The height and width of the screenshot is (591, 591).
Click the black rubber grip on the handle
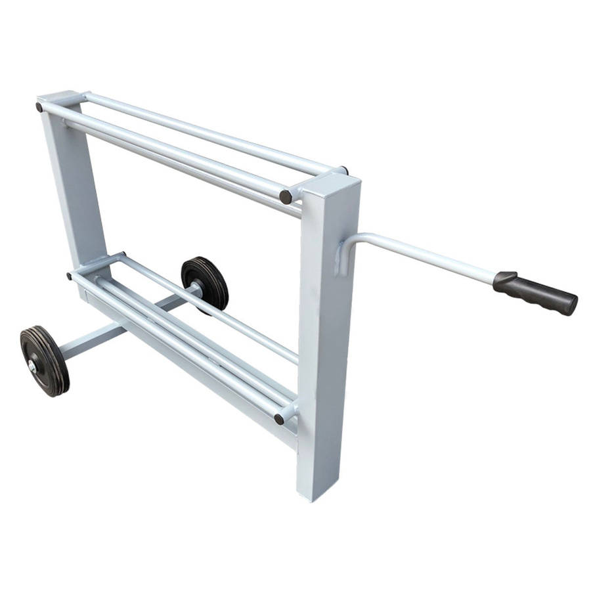click(535, 292)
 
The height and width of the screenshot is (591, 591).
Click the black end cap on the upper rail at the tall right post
click(286, 196)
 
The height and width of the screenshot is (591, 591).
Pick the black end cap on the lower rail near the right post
click(279, 418)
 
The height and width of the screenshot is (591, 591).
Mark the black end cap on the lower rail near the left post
click(70, 276)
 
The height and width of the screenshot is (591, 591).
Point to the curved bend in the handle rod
click(358, 238)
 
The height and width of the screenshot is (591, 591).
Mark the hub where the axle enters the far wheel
click(196, 287)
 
